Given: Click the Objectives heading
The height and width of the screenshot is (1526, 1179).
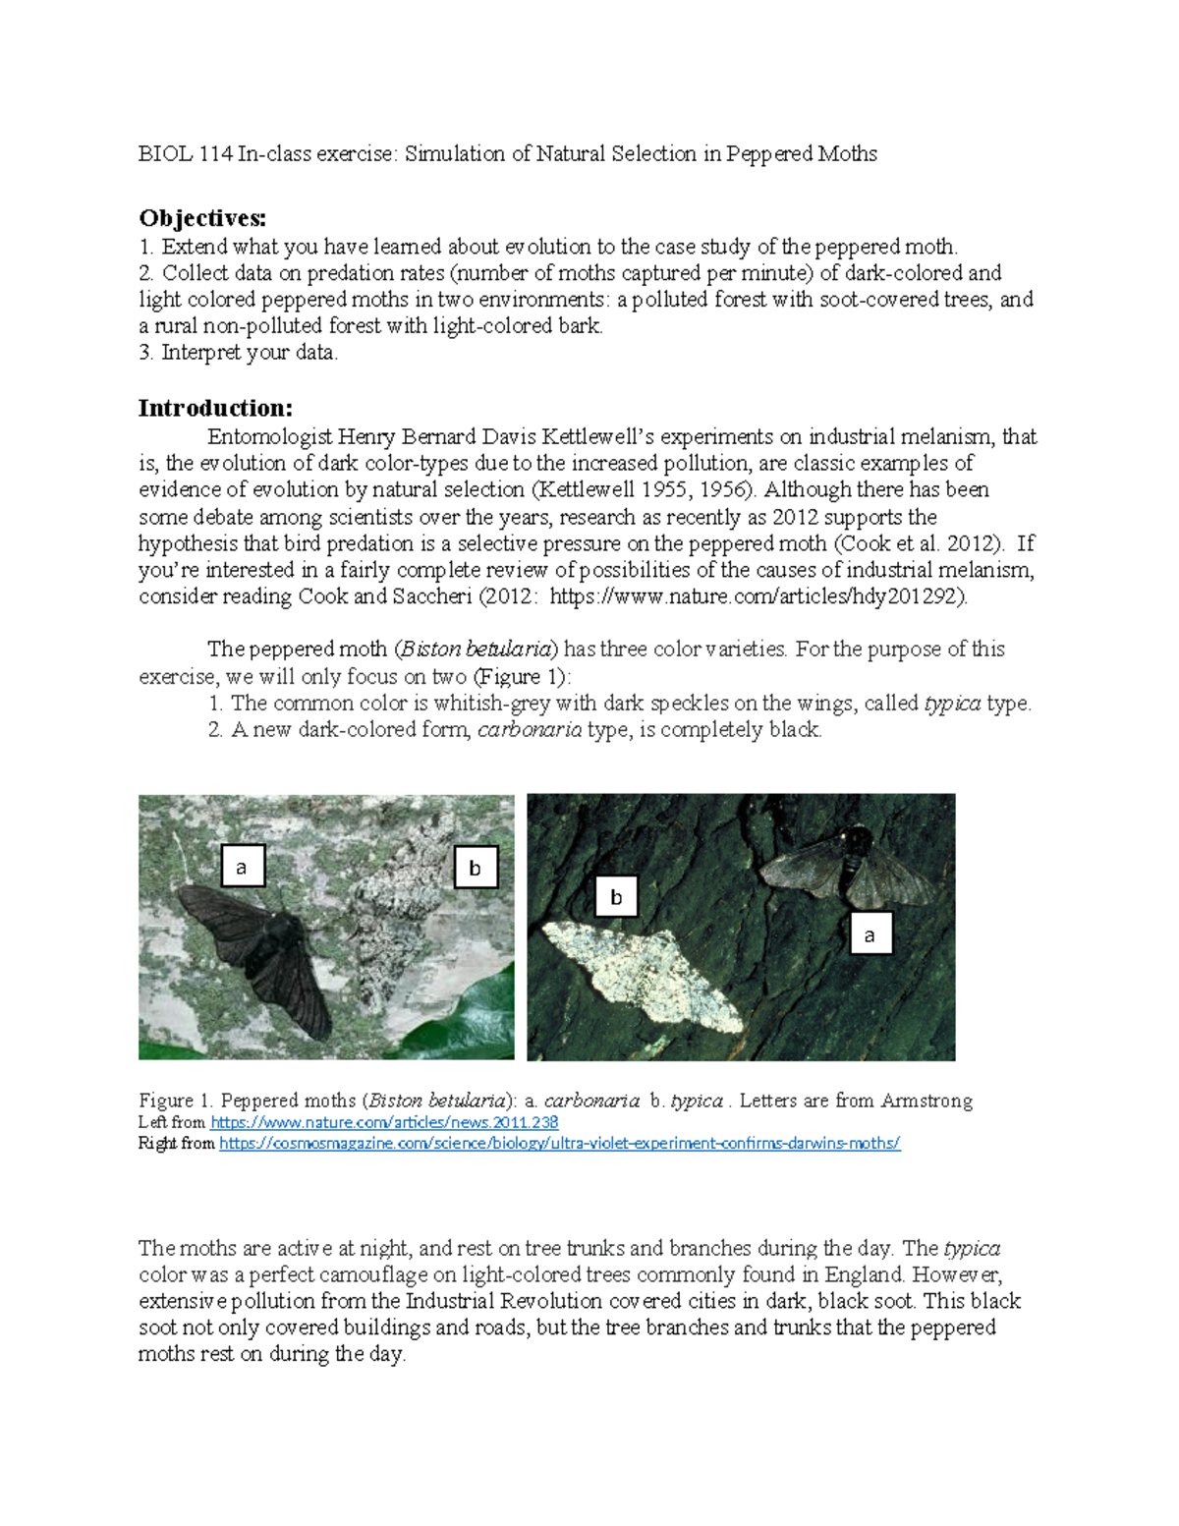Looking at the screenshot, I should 202,218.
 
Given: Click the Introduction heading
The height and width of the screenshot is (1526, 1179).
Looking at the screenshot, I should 215,408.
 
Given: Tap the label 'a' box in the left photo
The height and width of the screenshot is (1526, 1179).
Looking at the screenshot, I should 242,867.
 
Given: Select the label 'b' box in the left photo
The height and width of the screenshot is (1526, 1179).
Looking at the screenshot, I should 476,868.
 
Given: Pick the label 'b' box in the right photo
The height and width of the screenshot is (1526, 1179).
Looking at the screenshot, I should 616,896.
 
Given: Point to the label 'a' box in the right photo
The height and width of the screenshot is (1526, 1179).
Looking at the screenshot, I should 870,934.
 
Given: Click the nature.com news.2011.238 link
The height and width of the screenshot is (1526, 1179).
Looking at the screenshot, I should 384,1122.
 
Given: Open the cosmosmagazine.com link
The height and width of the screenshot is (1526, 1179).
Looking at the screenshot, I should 559,1143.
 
